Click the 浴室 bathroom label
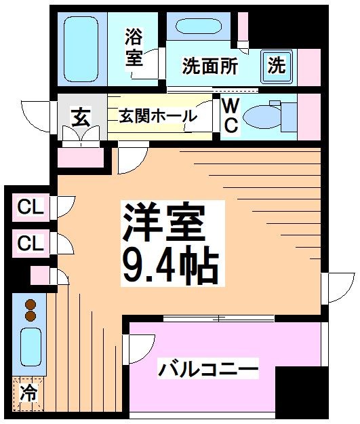point(134,46)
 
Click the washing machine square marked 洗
point(276,65)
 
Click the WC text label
point(230,115)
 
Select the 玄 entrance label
point(80,118)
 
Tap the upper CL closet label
point(30,208)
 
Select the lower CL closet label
point(30,242)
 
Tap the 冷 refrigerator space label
point(28,393)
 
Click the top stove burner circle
point(31,305)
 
